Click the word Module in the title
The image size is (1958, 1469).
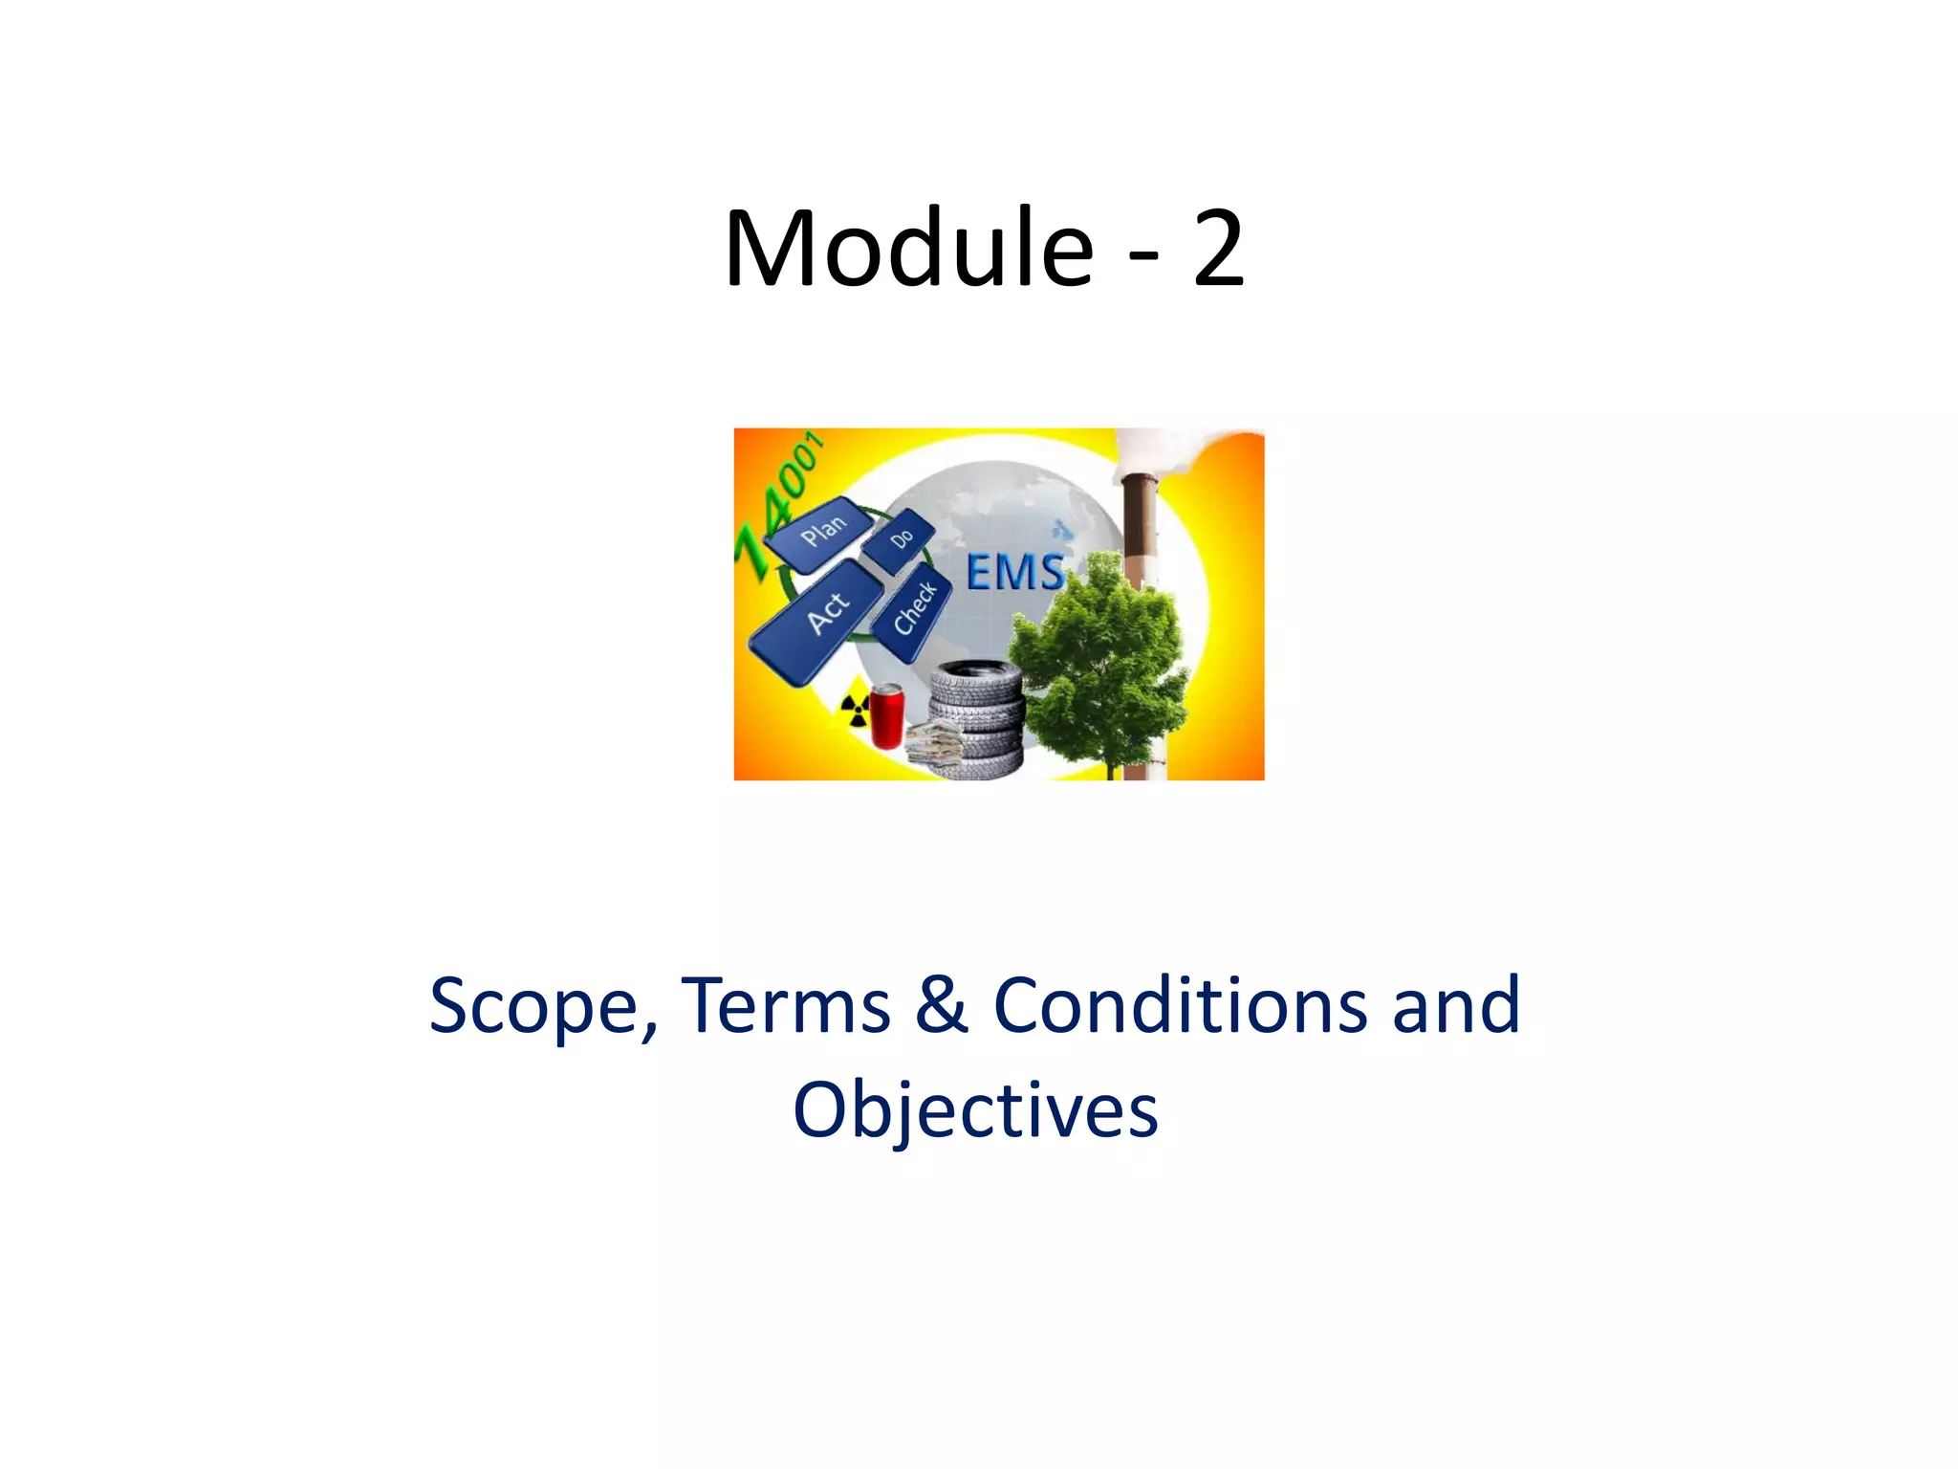coord(908,249)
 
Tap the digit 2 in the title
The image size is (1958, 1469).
coord(1218,249)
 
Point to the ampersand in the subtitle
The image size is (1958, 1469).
coord(942,1006)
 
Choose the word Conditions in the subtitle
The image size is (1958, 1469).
coord(1181,1006)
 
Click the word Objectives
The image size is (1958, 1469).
coord(975,1111)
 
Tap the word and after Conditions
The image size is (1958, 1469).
coord(1455,1006)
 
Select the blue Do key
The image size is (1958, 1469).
coord(899,540)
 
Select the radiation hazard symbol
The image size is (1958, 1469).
coord(853,710)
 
